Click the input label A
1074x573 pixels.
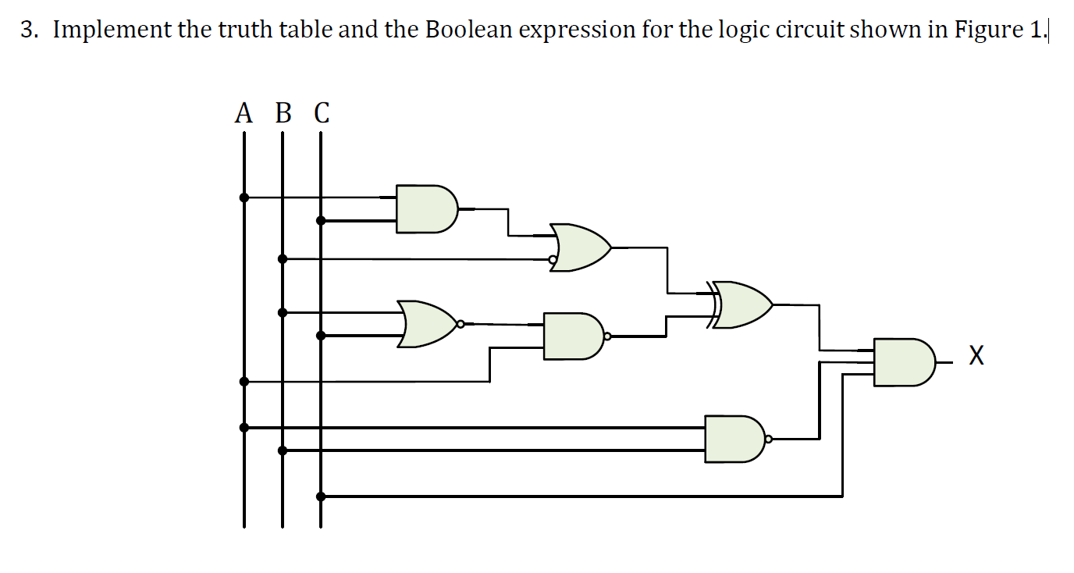pos(244,114)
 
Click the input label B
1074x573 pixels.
pos(283,114)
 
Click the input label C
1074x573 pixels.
pos(322,114)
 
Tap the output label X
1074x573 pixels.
pos(976,358)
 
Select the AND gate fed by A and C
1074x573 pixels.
pos(425,209)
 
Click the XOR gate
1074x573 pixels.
pos(741,304)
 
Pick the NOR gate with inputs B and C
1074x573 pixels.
pos(426,323)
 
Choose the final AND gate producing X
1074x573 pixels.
pos(902,362)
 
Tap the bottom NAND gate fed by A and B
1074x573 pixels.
pos(734,439)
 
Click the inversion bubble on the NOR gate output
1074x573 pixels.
pos(461,323)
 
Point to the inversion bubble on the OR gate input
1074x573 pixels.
pos(553,259)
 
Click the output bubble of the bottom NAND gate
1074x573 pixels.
pos(768,440)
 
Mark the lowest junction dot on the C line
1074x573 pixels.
pos(321,496)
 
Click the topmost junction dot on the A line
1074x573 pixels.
pos(244,198)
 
